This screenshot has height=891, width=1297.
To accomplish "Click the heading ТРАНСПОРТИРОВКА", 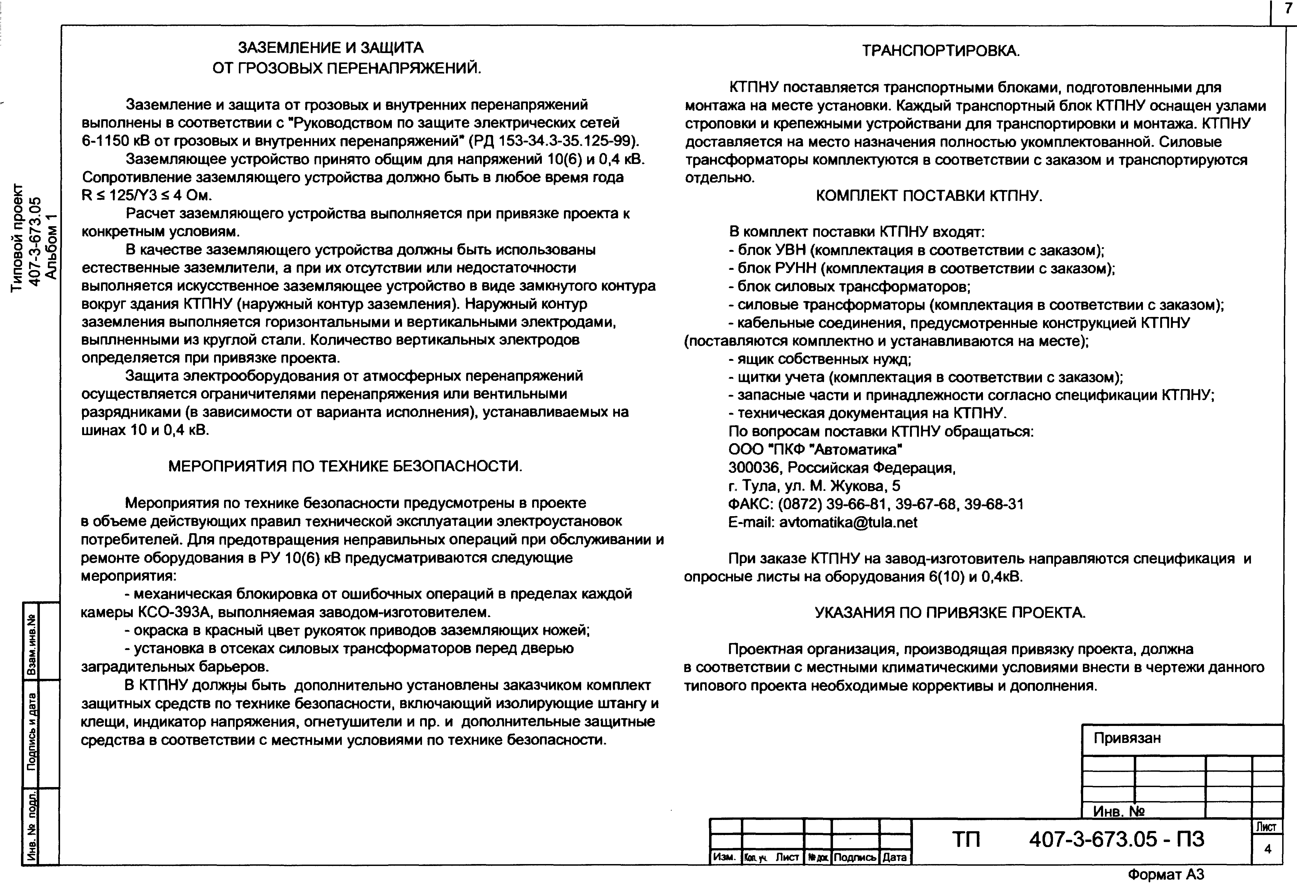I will [x=941, y=51].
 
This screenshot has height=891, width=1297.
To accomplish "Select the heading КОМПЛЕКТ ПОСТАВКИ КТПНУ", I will [x=929, y=196].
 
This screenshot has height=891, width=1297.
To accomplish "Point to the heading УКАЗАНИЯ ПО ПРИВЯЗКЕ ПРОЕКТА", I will [x=950, y=613].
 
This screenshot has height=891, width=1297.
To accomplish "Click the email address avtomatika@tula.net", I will [x=848, y=523].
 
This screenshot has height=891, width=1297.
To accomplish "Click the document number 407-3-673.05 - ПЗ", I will [x=1117, y=839].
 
